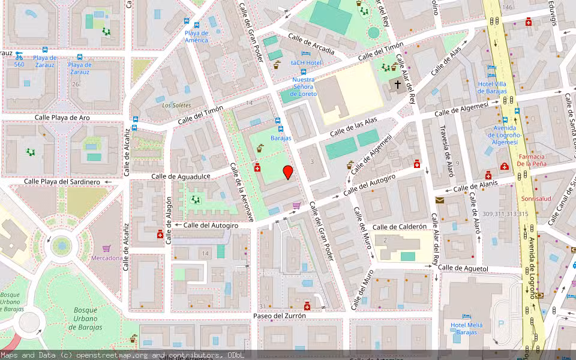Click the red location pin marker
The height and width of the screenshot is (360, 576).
(288, 172)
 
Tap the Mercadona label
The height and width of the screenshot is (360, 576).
(106, 258)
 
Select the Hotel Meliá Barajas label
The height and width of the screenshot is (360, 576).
(467, 328)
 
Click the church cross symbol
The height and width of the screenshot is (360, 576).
(397, 85)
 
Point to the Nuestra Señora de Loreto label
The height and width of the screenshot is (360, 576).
(303, 86)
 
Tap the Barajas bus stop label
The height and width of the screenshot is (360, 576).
(280, 138)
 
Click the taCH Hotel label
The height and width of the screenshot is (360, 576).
(307, 62)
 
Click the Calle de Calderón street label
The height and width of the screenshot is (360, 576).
(400, 227)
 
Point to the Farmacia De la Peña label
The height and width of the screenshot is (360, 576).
(531, 160)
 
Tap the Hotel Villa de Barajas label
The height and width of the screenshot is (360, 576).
(492, 88)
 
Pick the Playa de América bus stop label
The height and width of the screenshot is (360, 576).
(196, 37)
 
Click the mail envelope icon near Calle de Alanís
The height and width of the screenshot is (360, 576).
(440, 200)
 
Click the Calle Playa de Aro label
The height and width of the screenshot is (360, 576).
(62, 118)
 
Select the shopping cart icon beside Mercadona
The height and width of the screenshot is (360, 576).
(106, 248)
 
